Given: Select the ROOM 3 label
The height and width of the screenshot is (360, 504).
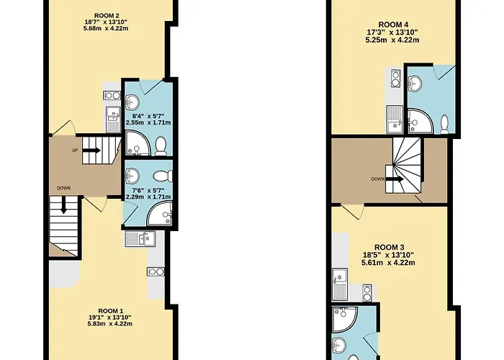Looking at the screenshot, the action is (389, 247).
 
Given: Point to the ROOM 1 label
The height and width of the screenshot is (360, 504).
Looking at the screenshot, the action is (110, 311).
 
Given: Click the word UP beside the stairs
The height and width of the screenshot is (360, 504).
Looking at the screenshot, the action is (75, 150).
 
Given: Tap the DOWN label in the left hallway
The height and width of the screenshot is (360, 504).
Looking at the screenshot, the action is (63, 188).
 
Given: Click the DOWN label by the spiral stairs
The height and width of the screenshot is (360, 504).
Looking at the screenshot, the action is (378, 179).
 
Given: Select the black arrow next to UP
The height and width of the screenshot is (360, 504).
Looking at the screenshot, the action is (91, 150).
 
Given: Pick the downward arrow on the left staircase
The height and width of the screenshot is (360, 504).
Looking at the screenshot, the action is (63, 204).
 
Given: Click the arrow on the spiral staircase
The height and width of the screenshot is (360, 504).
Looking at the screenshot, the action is (395, 179).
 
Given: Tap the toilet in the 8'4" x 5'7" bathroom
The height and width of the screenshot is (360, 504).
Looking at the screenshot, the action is (161, 146).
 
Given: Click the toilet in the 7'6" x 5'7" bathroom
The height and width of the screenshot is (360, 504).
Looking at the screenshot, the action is (163, 176).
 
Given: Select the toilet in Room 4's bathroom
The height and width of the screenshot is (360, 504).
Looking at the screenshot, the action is (445, 125).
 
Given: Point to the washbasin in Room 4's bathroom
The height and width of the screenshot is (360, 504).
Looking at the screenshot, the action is (415, 84).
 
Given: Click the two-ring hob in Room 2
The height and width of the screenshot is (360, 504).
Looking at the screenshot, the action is (112, 96).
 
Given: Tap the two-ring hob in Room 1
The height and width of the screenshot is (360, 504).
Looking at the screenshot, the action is (156, 271).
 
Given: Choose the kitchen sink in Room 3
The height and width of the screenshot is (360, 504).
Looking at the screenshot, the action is (340, 284).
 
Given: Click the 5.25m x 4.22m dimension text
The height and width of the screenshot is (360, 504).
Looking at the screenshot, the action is (392, 40).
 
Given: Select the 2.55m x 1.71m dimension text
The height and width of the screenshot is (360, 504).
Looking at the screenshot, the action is (148, 122).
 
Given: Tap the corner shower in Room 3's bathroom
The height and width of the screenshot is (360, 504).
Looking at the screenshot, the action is (345, 320).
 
